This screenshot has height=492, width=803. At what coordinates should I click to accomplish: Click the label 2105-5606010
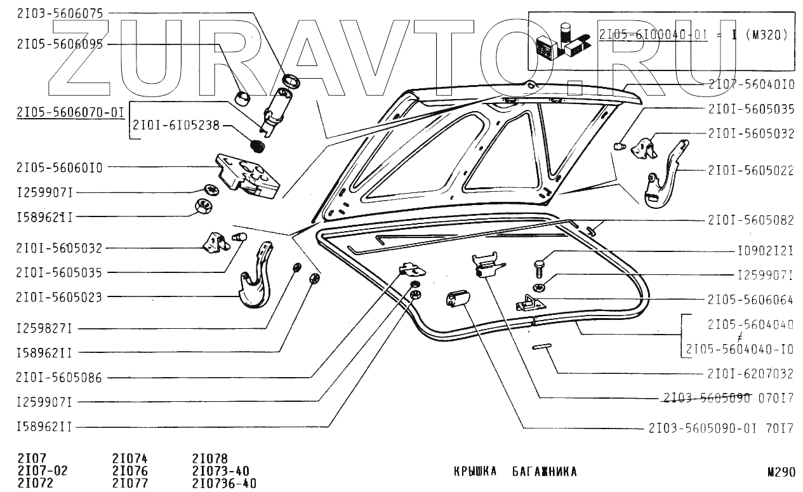point(60,168)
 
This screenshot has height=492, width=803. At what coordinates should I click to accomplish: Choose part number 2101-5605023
point(60,296)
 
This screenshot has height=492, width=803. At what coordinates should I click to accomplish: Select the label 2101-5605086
point(60,377)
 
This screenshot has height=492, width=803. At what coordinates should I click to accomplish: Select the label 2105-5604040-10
point(740,349)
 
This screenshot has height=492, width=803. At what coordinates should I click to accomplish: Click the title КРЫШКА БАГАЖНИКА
point(515,472)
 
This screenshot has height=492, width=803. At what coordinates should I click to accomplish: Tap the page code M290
point(780,472)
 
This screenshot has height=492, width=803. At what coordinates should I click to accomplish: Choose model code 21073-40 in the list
point(220,471)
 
